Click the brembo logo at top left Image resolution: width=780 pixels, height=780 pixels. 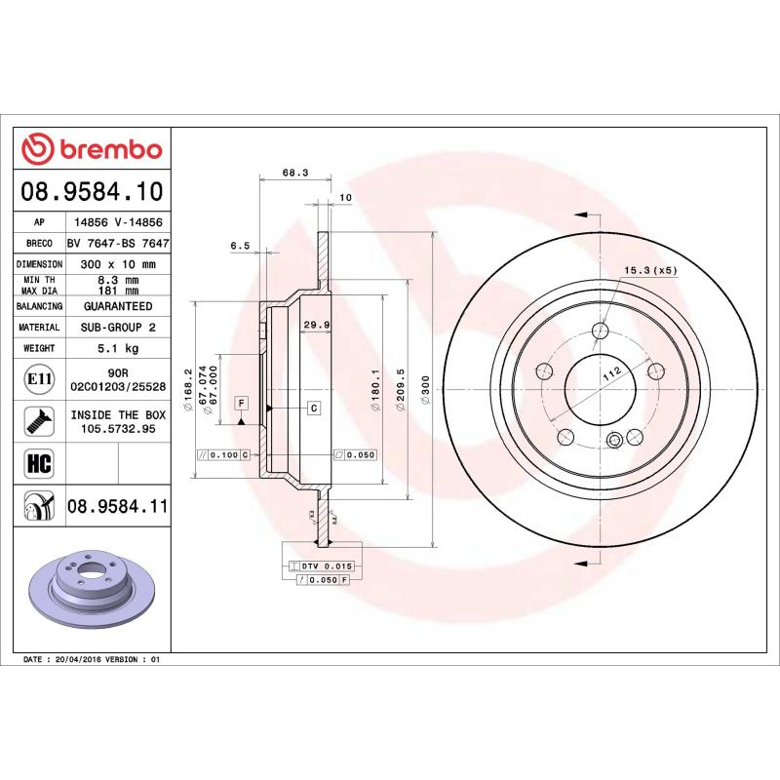pos(92,148)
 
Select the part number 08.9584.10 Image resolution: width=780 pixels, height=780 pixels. pos(92,189)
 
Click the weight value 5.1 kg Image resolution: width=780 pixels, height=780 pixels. pos(118,348)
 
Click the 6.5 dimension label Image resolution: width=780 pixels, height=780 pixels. pos(240,246)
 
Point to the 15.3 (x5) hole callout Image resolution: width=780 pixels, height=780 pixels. pos(649,270)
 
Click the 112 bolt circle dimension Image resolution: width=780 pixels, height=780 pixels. pos(611,374)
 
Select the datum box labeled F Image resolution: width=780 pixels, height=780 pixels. pos(241,403)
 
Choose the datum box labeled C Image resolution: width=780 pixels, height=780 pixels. pos(314,407)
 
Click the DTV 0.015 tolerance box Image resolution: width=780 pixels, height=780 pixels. pos(326,565)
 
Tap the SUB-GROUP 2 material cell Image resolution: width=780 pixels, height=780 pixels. pos(118,328)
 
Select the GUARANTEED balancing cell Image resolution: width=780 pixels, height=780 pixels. pos(118,306)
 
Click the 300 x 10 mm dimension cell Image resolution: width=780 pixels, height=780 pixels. pos(118,264)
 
